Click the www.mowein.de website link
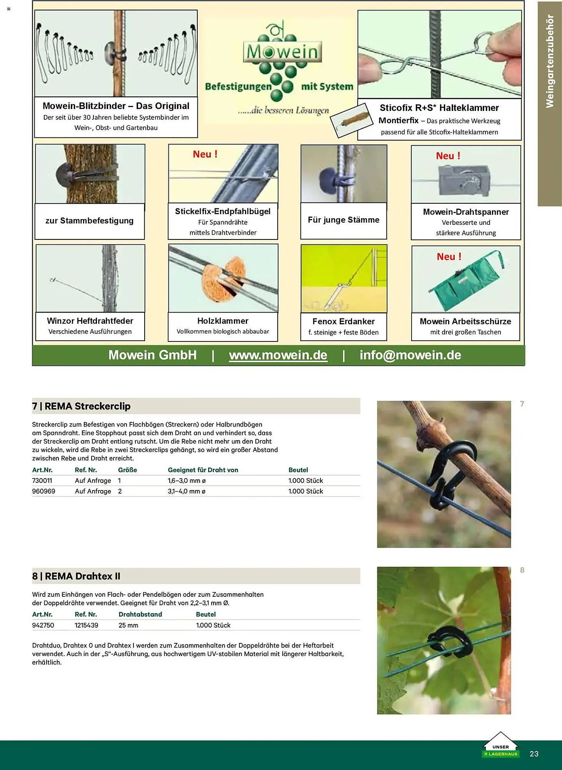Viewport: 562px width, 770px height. pyautogui.click(x=278, y=355)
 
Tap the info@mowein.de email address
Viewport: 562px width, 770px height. pyautogui.click(x=410, y=355)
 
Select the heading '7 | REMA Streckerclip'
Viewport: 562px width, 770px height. pyautogui.click(x=81, y=406)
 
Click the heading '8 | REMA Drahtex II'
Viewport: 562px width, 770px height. pyautogui.click(x=76, y=576)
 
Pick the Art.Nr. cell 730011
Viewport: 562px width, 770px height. pyautogui.click(x=42, y=480)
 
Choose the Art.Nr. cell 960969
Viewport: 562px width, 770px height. pyautogui.click(x=43, y=491)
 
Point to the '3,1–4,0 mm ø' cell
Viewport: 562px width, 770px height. pyautogui.click(x=187, y=491)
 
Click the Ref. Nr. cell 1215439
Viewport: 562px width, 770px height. pyautogui.click(x=86, y=625)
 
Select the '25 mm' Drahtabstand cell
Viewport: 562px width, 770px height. pyautogui.click(x=128, y=625)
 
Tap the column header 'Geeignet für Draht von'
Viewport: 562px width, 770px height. pyautogui.click(x=203, y=470)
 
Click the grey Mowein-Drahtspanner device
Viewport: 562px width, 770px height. pyautogui.click(x=465, y=179)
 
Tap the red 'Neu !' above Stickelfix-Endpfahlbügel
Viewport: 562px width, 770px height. pyautogui.click(x=205, y=154)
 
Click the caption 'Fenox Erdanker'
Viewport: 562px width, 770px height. pyautogui.click(x=344, y=321)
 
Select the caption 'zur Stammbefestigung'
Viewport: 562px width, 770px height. pyautogui.click(x=89, y=221)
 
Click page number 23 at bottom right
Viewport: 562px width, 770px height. pyautogui.click(x=534, y=754)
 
